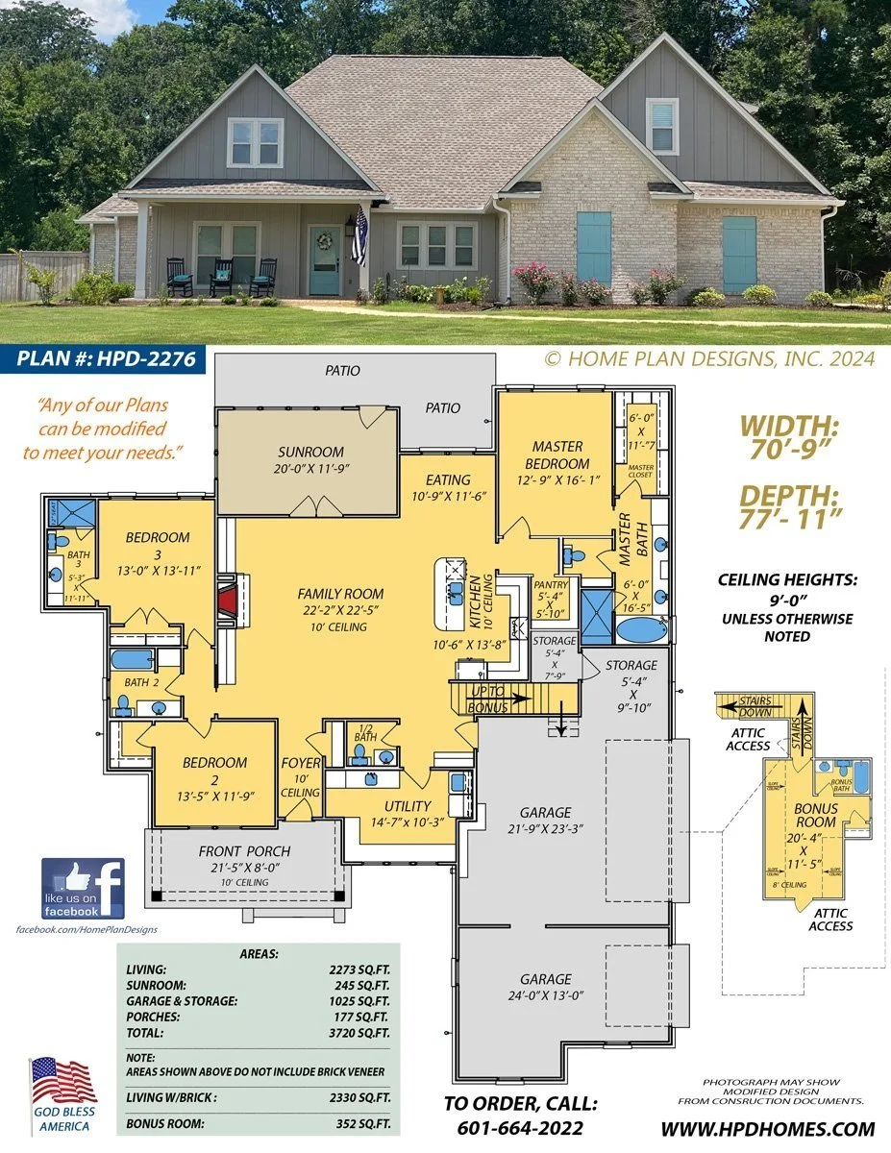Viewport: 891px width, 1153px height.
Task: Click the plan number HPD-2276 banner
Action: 107,359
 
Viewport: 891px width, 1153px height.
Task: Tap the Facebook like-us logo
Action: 83,888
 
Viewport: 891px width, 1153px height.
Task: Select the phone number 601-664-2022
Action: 521,1128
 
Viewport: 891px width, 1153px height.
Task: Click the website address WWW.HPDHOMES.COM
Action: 769,1129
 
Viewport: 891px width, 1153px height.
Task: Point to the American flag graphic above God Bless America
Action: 62,1081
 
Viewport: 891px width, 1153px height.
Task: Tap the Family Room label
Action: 340,594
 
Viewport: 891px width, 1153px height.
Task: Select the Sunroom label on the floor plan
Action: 310,452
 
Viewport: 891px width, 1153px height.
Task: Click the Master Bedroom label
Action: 557,454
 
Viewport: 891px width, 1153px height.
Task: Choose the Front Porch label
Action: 244,851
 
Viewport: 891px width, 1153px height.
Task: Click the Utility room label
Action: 407,806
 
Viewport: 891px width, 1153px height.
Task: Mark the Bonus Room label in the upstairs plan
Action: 815,816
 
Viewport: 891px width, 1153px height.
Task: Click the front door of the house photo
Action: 325,260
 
